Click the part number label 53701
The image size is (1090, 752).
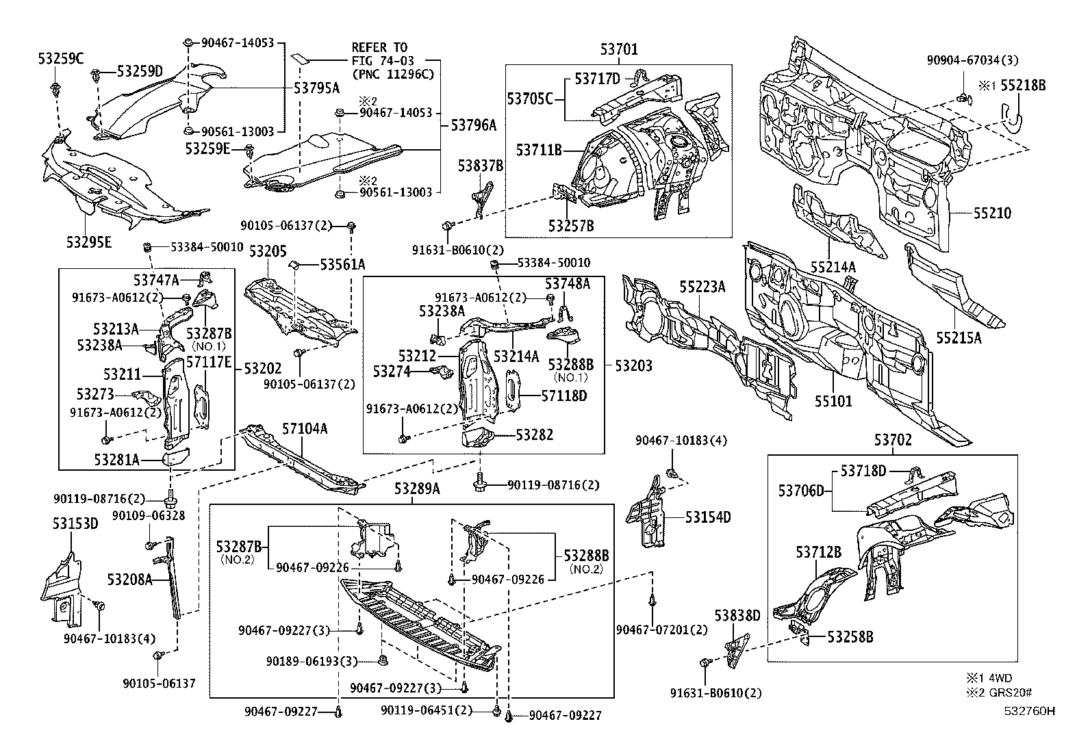coord(619,49)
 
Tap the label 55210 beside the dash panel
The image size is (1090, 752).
coord(992,213)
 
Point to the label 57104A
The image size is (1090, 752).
coord(304,429)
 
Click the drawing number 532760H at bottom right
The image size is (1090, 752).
coord(1030,710)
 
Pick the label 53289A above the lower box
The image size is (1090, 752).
coord(416,489)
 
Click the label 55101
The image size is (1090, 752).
coord(833,400)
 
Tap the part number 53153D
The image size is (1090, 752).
coord(76,524)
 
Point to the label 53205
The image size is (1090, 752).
coord(268,251)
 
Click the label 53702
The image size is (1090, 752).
coord(893,439)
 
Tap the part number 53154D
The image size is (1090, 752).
coord(708,517)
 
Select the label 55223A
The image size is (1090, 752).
coord(702,287)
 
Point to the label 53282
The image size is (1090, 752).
coord(535,435)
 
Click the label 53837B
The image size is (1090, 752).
coord(481,166)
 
